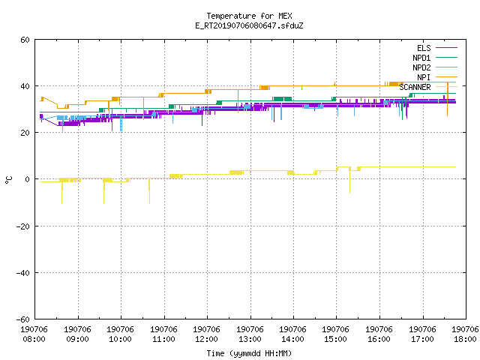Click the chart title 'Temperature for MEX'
click(x=249, y=16)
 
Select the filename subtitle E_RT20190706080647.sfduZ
click(x=249, y=25)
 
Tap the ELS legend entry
click(x=436, y=48)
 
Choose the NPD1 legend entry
click(x=435, y=58)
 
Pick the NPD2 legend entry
click(x=435, y=67)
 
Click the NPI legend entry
click(x=436, y=77)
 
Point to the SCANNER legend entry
click(x=428, y=87)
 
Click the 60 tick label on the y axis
click(x=25, y=40)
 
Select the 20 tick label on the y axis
click(x=25, y=133)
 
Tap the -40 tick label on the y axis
click(x=23, y=273)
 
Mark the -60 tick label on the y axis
click(x=23, y=319)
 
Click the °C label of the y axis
click(x=8, y=180)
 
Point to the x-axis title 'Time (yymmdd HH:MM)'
click(x=249, y=353)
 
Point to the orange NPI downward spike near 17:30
click(x=448, y=100)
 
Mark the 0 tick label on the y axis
click(x=28, y=179)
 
